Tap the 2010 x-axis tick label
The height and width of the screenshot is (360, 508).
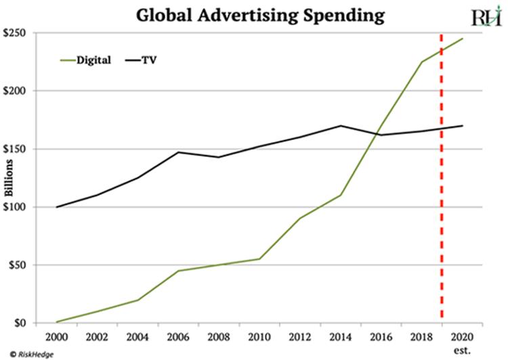click(x=259, y=336)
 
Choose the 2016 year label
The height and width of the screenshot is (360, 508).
click(x=381, y=336)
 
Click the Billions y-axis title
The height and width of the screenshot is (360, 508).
click(x=9, y=178)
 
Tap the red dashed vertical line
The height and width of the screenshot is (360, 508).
click(x=442, y=203)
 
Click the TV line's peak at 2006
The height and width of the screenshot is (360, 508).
click(x=178, y=152)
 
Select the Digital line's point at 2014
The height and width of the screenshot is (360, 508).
click(x=341, y=195)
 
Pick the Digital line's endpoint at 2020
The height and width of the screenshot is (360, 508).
click(x=463, y=39)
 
